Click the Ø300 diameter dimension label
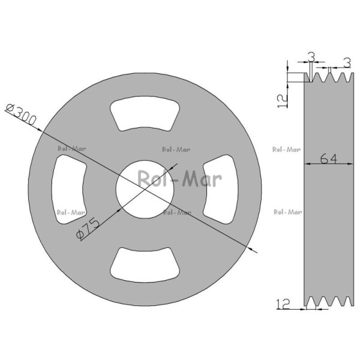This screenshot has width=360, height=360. click(21, 115)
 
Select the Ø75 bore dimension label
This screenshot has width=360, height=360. click(88, 229)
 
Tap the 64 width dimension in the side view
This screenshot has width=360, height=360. click(329, 158)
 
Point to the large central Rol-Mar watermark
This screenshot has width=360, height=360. click(179, 179)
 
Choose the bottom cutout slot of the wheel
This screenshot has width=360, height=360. click(145, 265)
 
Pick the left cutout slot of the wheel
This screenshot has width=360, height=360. click(68, 190)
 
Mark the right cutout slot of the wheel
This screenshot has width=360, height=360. click(221, 190)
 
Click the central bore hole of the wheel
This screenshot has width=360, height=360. click(145, 189)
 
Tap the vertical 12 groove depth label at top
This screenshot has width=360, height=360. click(283, 101)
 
